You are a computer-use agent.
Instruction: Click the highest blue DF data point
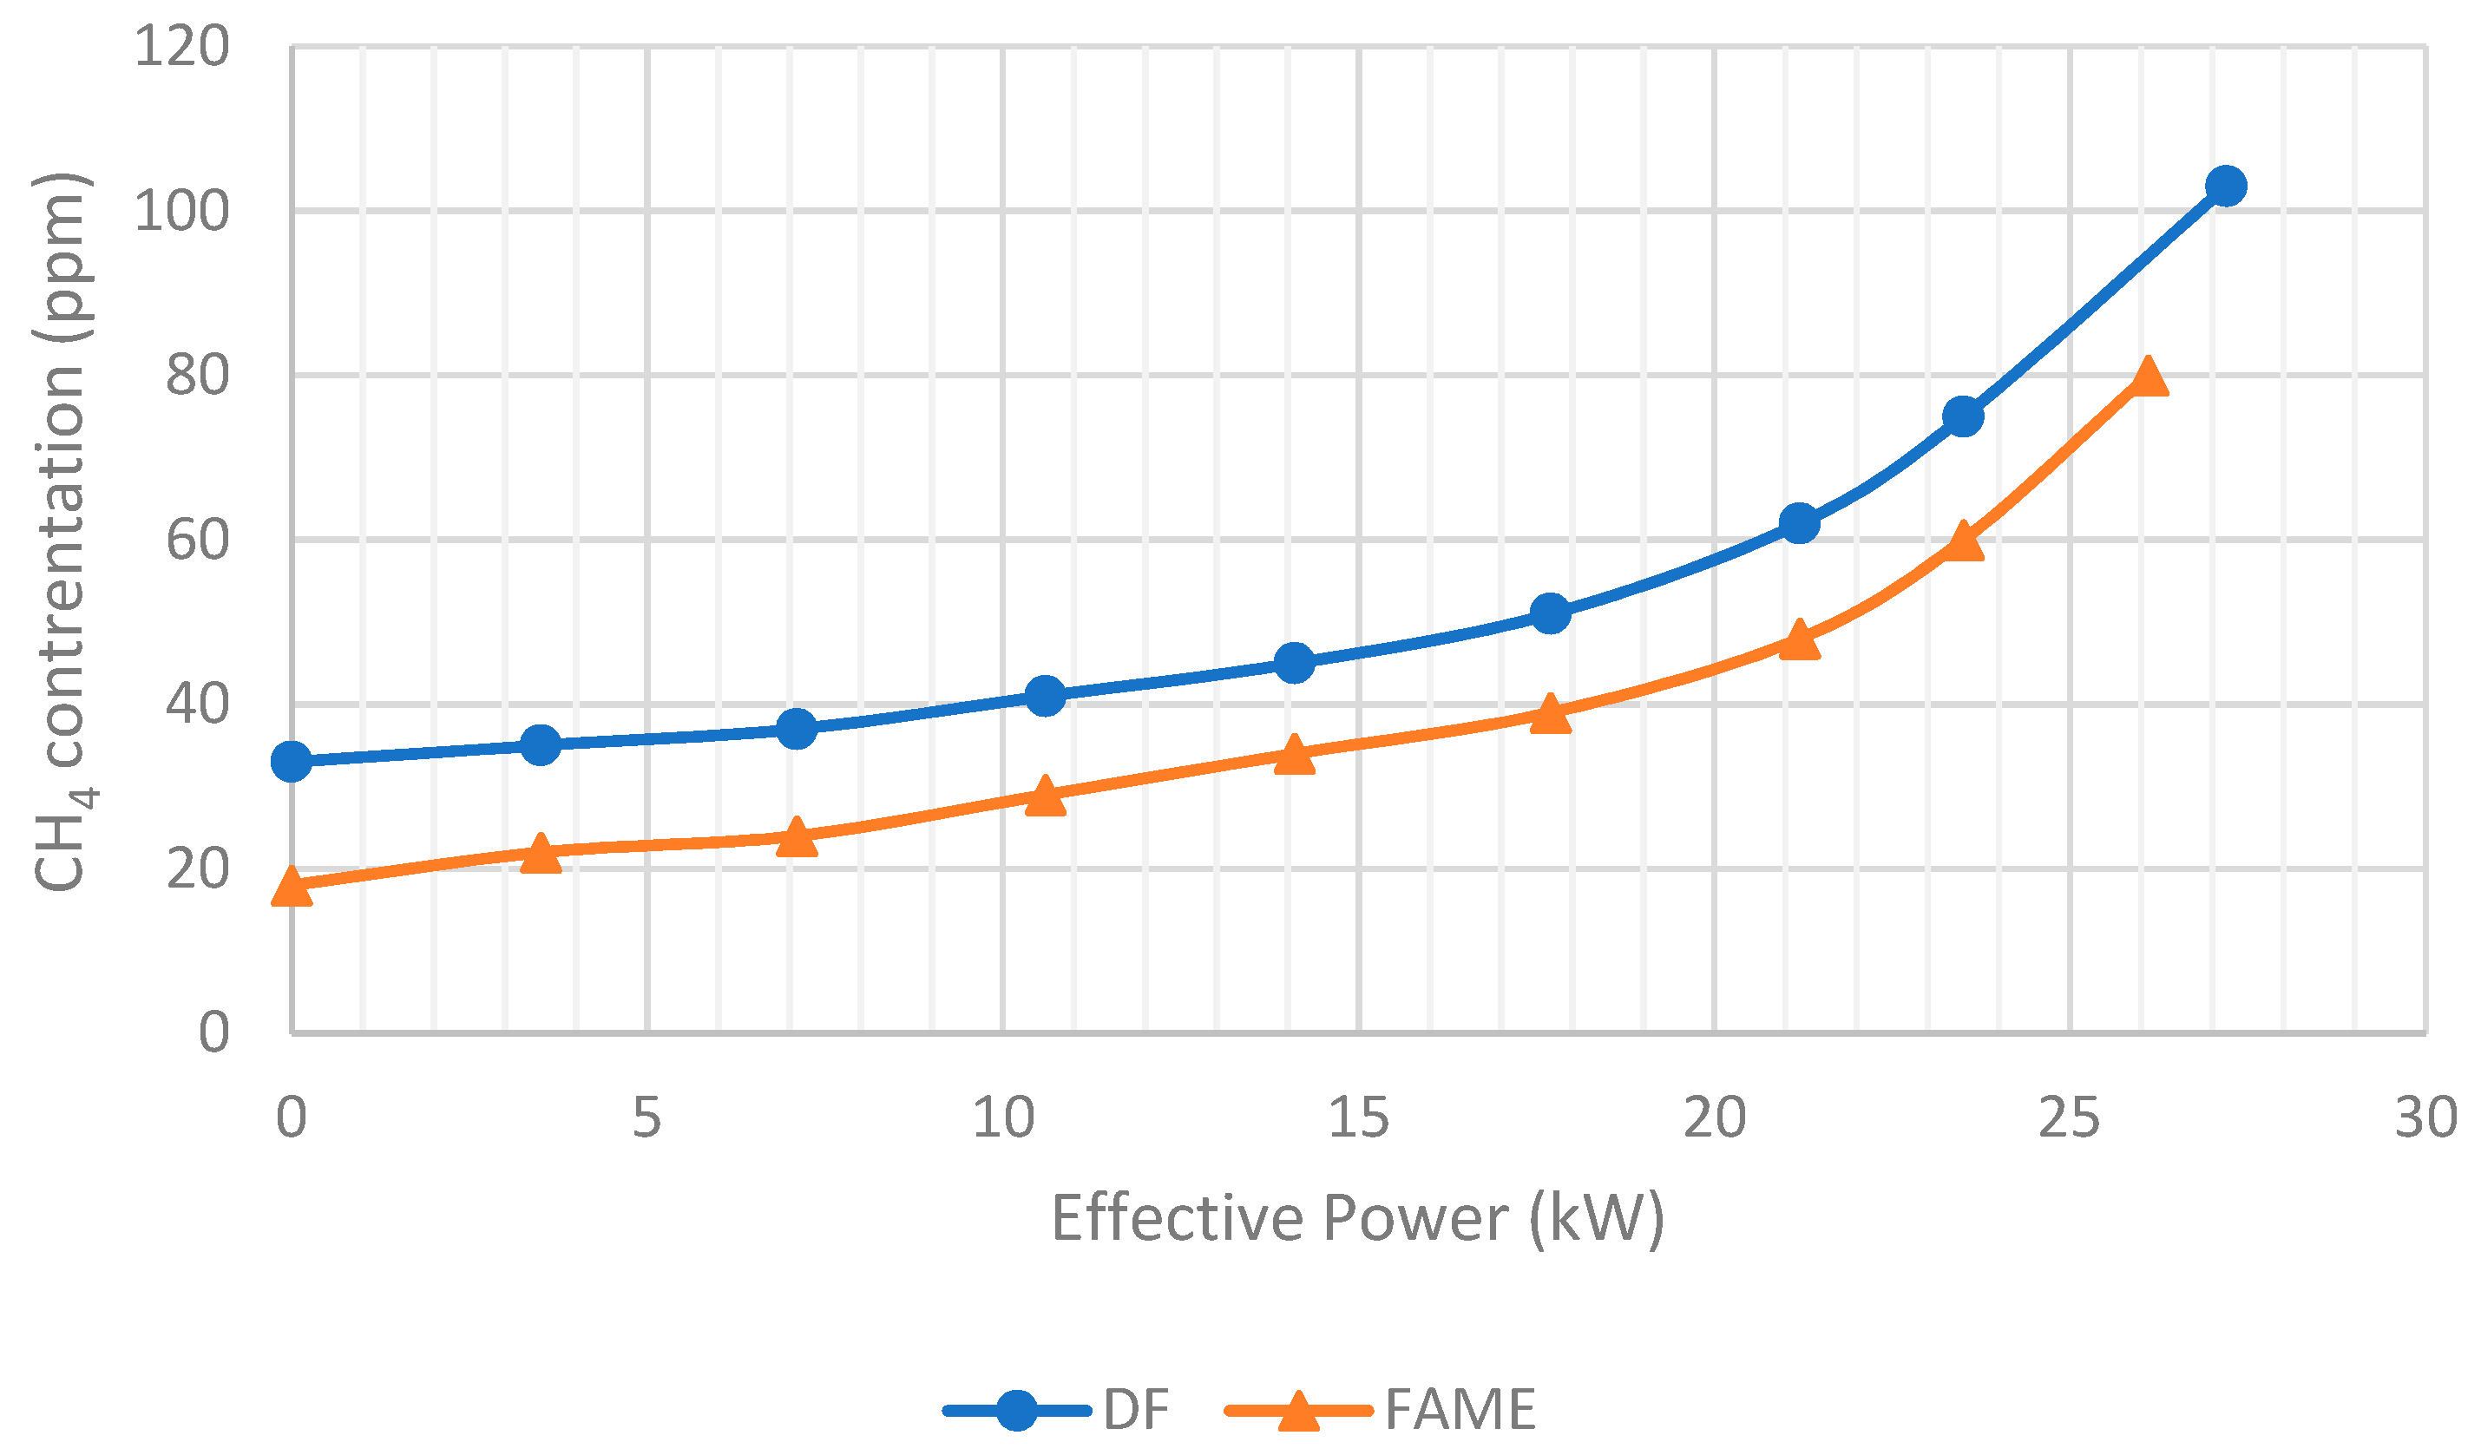pyautogui.click(x=2225, y=185)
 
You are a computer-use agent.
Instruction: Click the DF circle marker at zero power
pyautogui.click(x=292, y=761)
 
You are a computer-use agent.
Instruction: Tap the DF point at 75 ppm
pyautogui.click(x=1963, y=416)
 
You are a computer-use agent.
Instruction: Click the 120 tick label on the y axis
pyautogui.click(x=181, y=46)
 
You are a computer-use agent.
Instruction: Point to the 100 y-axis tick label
pyautogui.click(x=181, y=211)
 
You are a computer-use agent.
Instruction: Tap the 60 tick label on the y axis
pyautogui.click(x=197, y=540)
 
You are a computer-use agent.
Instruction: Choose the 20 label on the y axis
pyautogui.click(x=197, y=868)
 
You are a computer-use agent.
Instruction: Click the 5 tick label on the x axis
pyautogui.click(x=646, y=1117)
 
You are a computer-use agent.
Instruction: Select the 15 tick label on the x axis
pyautogui.click(x=1358, y=1117)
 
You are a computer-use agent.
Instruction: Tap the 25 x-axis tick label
pyautogui.click(x=2069, y=1117)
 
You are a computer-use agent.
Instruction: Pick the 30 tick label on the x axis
pyautogui.click(x=2425, y=1117)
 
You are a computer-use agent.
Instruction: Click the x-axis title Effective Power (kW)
pyautogui.click(x=1358, y=1219)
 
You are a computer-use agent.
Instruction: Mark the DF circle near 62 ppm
pyautogui.click(x=1799, y=522)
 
